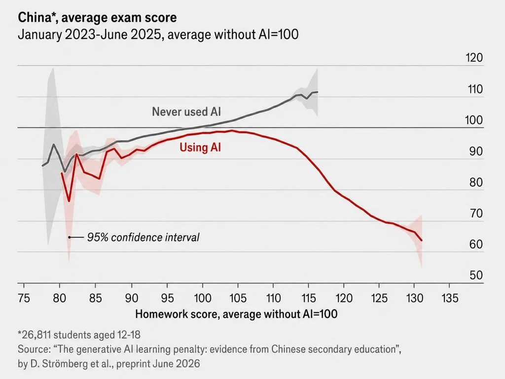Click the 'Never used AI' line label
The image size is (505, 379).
pos(186,112)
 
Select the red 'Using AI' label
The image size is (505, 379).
pos(200,147)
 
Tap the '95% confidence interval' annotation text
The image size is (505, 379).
pos(144,237)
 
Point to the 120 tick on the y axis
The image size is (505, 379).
pos(474,58)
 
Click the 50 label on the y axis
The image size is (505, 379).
pos(476,275)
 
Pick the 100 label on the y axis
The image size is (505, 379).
pos(474,120)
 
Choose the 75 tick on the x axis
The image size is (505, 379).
pos(24,298)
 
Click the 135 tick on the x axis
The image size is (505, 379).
pos(450,298)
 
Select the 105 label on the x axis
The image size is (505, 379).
pos(238,298)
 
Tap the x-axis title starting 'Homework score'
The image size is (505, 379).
pos(236,314)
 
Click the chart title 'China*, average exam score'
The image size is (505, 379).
pos(97,17)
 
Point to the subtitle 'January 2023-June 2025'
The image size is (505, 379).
pos(89,34)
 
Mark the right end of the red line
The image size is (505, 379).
pos(422,240)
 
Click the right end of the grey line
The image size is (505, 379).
pos(318,92)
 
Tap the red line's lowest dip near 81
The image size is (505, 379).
pos(69,201)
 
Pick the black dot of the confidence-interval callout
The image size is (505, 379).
pos(69,237)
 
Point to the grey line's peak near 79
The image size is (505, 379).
pos(53,144)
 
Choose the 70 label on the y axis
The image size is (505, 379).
pos(476,213)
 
